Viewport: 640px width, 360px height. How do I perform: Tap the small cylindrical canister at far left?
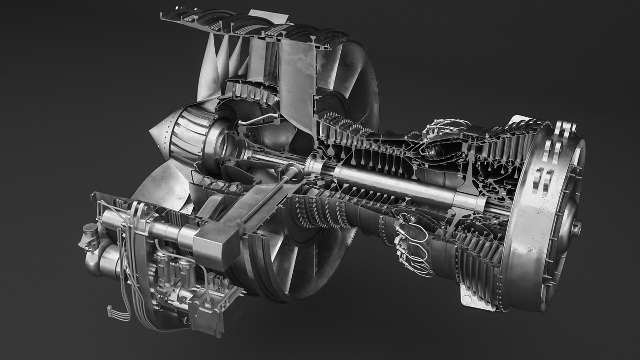(x=89, y=230)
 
